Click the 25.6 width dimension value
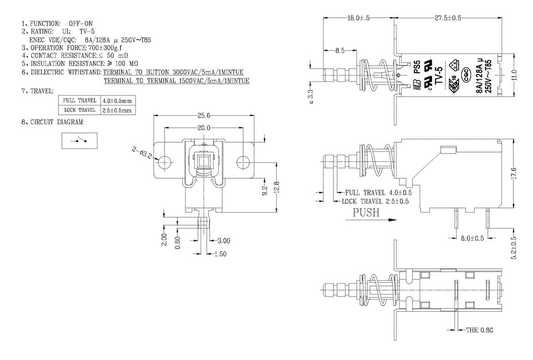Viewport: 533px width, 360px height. pos(203,115)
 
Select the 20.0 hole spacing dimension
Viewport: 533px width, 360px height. pos(204,127)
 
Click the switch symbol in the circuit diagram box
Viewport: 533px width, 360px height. pos(79,139)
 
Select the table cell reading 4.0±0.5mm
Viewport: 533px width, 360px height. pos(117,100)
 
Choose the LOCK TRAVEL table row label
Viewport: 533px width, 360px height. pos(80,109)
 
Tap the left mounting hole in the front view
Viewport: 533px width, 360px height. pos(165,161)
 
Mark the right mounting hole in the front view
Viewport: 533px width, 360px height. pos(242,161)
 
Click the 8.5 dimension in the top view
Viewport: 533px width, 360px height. pos(340,50)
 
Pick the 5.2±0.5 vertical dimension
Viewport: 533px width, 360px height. pos(514,247)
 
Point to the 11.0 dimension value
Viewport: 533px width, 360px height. pos(514,75)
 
